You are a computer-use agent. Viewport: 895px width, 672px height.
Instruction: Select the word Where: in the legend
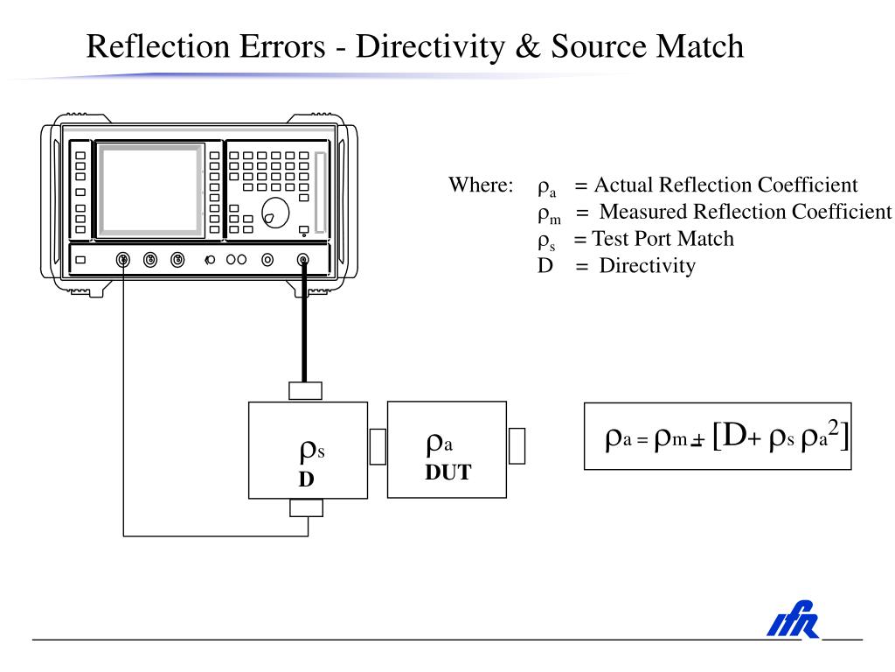[481, 185]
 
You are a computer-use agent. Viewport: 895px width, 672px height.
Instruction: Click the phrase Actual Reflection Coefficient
[725, 185]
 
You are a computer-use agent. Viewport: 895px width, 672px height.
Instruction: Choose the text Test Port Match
[663, 239]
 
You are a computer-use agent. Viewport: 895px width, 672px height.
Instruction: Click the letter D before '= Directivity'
[545, 265]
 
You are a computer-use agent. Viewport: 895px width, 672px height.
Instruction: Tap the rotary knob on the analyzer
[275, 213]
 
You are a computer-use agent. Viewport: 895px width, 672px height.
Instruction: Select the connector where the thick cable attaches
[303, 259]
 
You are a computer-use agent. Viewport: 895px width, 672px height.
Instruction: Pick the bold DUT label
[447, 473]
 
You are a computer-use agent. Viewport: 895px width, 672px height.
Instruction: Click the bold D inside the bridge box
[306, 479]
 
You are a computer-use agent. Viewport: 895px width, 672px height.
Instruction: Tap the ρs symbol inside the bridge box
[312, 451]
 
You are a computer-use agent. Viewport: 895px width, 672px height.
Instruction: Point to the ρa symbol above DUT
[440, 445]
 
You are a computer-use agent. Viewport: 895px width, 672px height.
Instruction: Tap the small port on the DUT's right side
[517, 445]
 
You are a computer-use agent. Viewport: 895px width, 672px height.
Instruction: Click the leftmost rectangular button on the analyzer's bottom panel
[81, 259]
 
